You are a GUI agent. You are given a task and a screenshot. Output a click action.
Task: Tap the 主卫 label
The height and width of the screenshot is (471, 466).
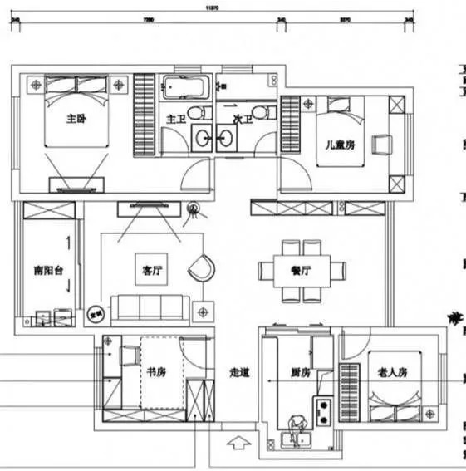point(174,120)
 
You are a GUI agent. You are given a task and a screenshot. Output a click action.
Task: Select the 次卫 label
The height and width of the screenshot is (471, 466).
point(243,120)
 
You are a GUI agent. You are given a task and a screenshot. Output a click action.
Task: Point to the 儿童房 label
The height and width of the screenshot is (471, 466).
point(339,145)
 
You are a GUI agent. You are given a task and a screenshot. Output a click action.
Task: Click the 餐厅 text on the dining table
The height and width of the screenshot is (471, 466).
point(301,271)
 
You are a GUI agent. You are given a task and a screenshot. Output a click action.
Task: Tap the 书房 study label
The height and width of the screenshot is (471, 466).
point(156,371)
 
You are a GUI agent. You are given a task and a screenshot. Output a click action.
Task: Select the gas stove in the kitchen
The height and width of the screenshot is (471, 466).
point(322,408)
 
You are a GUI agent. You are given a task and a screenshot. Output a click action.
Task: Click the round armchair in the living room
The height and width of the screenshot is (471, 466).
point(201,267)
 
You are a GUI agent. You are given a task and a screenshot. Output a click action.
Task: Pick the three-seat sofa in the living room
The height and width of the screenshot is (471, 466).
point(150,307)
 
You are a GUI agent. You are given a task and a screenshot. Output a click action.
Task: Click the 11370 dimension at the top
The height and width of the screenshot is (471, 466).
point(213,7)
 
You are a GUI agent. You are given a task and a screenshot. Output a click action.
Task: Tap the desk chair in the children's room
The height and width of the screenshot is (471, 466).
point(380,144)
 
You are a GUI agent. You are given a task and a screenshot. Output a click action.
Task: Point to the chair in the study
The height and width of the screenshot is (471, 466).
point(130,355)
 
